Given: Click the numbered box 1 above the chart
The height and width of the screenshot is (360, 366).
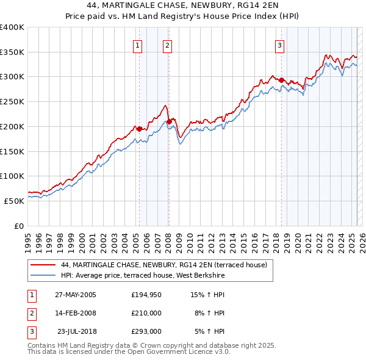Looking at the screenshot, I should [137, 45].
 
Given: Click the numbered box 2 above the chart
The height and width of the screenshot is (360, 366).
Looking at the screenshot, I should [167, 45].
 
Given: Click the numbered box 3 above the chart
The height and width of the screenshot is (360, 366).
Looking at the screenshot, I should [279, 45].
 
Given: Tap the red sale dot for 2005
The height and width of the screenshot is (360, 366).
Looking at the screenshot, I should [139, 129].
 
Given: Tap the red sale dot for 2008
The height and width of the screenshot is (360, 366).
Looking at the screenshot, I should [169, 121].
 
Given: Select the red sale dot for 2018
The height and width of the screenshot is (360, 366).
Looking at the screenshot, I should [282, 80].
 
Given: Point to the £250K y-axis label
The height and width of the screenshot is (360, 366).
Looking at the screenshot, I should [12, 102].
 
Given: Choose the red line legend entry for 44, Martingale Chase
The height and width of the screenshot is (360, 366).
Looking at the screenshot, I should [164, 265].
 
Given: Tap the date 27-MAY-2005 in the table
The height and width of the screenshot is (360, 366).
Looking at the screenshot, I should [76, 295].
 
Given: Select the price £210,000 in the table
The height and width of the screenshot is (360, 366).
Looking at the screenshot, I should [146, 313].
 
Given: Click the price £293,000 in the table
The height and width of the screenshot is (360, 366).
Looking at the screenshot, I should [146, 331].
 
